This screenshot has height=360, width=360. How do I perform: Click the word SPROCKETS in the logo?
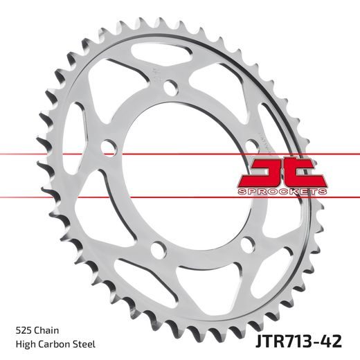(280, 189)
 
